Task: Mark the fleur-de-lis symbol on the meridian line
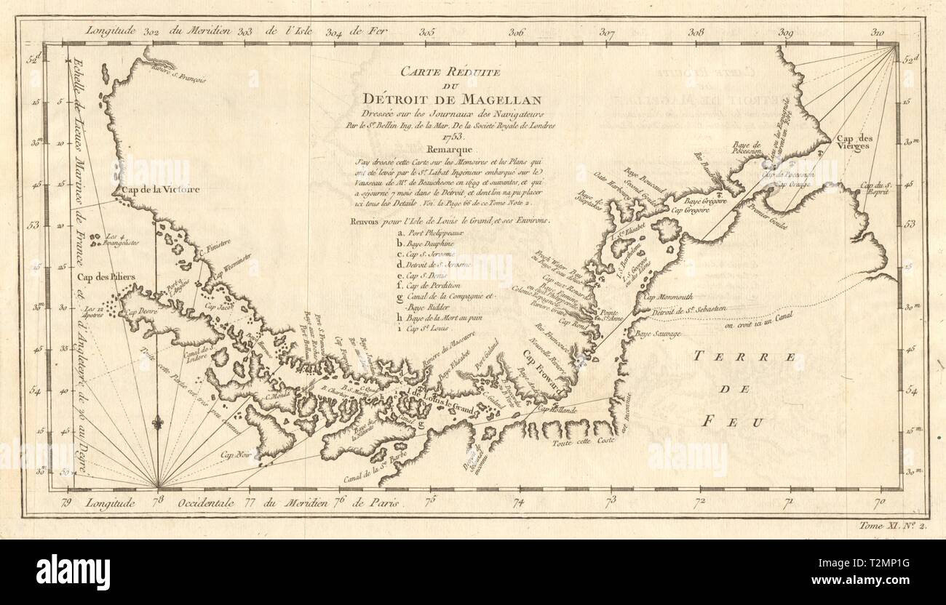[159, 422]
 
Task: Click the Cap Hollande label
[557, 410]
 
